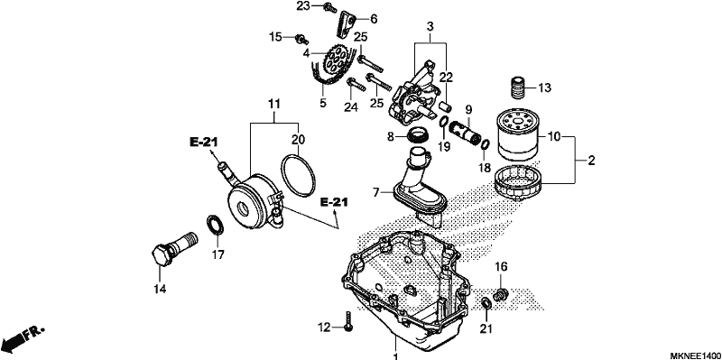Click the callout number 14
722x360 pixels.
point(160,289)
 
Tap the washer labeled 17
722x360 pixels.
point(215,224)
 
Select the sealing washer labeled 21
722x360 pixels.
point(486,304)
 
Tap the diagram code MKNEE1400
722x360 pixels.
point(694,355)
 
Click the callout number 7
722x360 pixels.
point(376,192)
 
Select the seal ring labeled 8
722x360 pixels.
point(419,135)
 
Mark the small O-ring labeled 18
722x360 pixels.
point(486,144)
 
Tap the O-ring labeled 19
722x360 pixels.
point(444,122)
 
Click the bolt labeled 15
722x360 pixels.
point(301,39)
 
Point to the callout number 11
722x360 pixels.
point(274,105)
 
